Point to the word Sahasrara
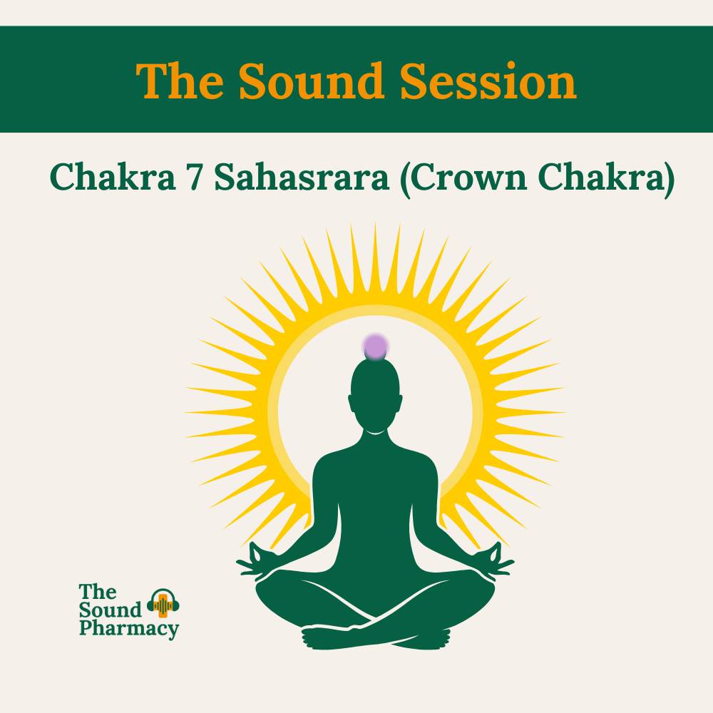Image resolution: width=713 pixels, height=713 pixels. [302, 178]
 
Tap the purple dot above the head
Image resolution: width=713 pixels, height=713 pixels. [375, 347]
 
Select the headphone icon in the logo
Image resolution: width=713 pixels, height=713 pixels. [163, 605]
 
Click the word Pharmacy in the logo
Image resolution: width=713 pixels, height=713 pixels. [129, 629]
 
